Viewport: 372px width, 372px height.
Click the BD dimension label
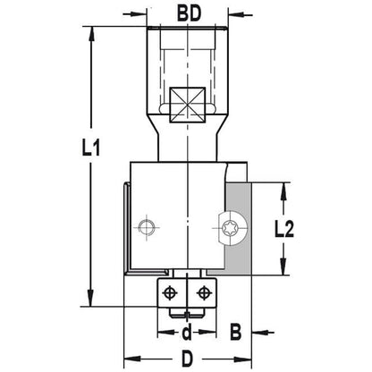click(x=189, y=13)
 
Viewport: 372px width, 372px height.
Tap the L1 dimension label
click(x=91, y=148)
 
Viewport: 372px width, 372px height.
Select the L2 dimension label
click(x=283, y=229)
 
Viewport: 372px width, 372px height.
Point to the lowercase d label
click(x=187, y=333)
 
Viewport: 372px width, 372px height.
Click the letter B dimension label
click(x=235, y=332)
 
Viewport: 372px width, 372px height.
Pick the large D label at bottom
click(x=187, y=359)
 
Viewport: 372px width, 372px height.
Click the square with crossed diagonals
click(x=188, y=105)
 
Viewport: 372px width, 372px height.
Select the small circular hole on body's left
click(x=147, y=228)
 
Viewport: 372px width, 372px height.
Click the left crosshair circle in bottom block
click(x=169, y=292)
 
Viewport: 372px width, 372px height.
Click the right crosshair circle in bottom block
click(x=204, y=292)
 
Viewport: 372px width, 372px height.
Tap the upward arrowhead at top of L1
click(x=91, y=34)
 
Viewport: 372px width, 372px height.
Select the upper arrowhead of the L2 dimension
click(x=283, y=190)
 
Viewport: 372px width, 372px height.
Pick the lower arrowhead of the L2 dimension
click(x=283, y=266)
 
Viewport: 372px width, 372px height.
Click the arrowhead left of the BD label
click(x=139, y=14)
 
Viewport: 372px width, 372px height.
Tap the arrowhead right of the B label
click(x=260, y=332)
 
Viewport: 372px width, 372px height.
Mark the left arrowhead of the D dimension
click(x=131, y=359)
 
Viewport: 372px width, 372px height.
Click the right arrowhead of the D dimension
click(x=244, y=359)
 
